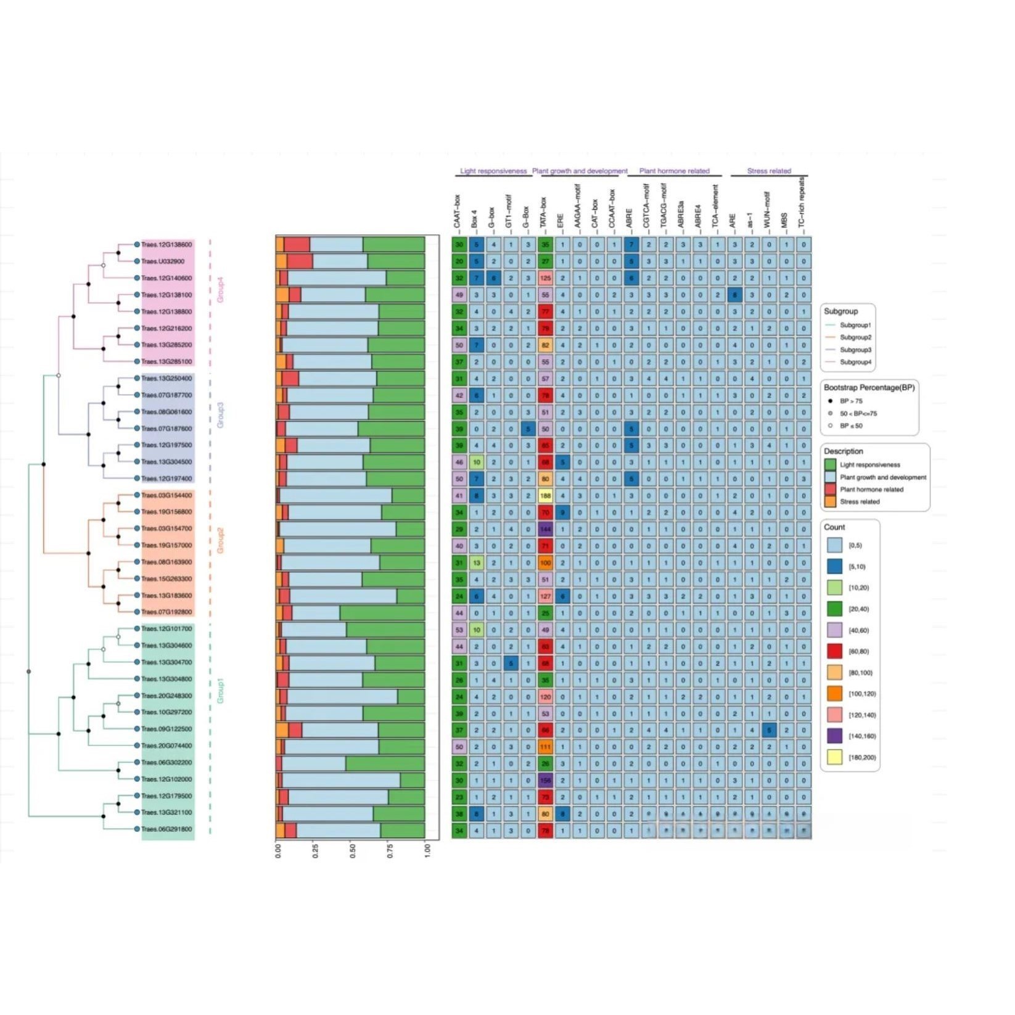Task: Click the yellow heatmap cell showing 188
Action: tap(545, 495)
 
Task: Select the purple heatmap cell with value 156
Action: tap(545, 779)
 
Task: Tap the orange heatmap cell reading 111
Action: tap(545, 746)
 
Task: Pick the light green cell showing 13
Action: tap(476, 562)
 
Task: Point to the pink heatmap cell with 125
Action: tap(545, 278)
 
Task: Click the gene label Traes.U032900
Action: tap(163, 261)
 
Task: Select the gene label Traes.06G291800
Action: tap(166, 829)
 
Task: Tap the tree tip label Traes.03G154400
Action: tap(166, 495)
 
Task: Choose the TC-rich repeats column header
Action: tap(802, 203)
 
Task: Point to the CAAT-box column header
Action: tap(458, 213)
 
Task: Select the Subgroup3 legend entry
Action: tap(855, 350)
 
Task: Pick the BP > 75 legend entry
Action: tap(851, 401)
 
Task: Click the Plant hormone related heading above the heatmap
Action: tap(674, 171)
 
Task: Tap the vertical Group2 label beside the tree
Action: tap(220, 541)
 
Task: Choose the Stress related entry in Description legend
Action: tap(859, 501)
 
